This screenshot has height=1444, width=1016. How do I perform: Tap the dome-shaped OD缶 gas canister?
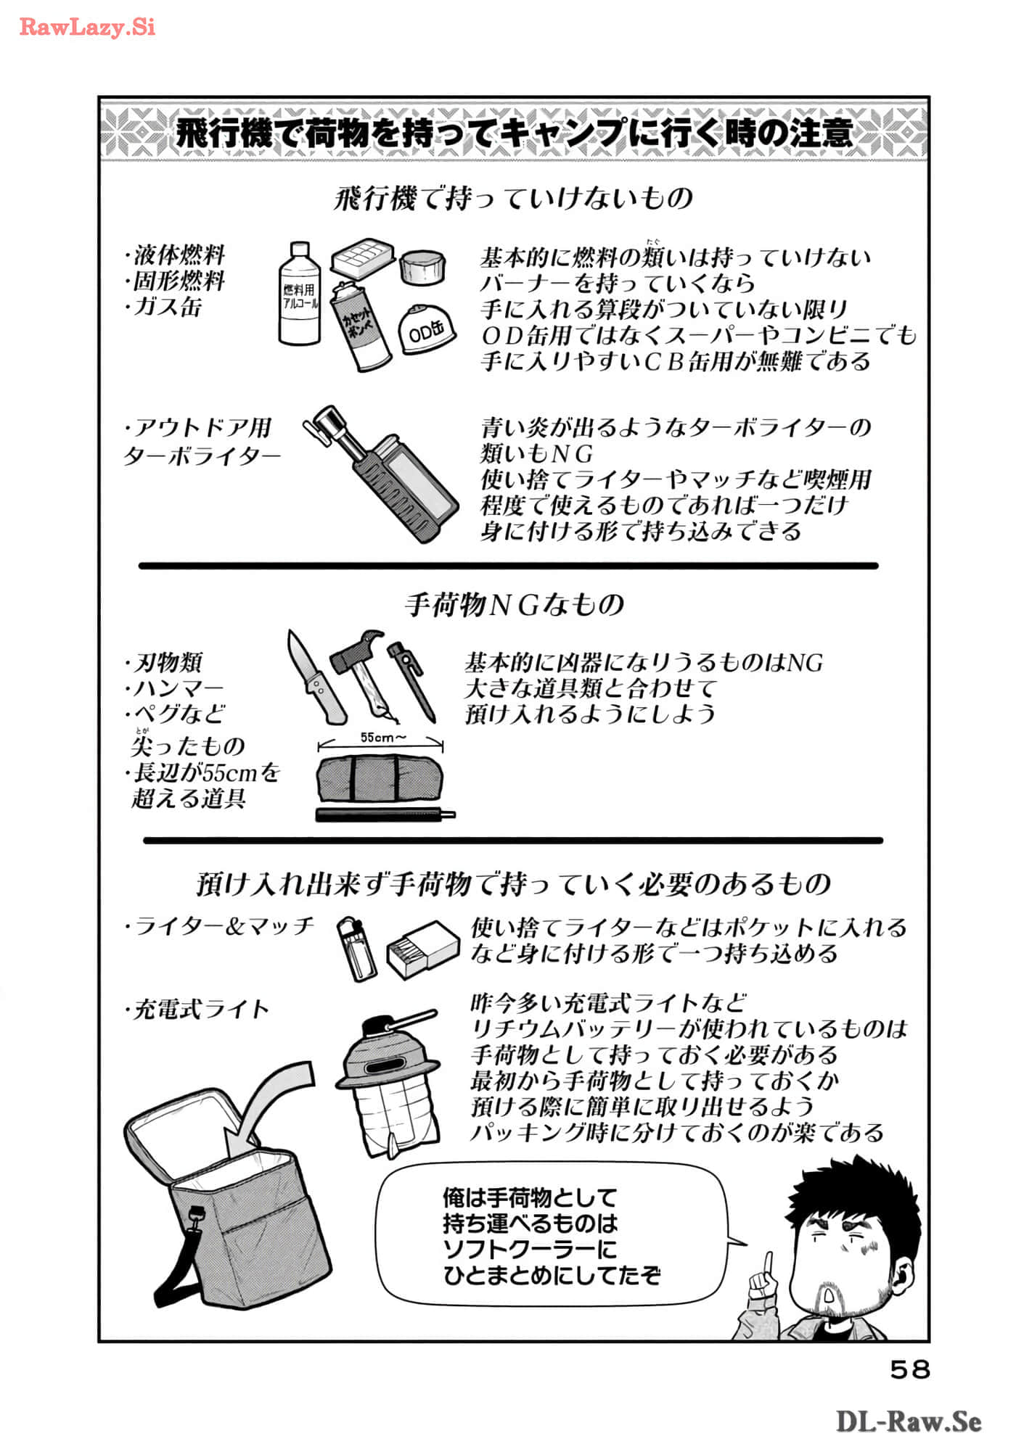pyautogui.click(x=427, y=330)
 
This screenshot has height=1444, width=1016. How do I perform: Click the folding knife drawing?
pyautogui.click(x=314, y=677)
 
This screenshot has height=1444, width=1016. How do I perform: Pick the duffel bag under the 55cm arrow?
pyautogui.click(x=380, y=779)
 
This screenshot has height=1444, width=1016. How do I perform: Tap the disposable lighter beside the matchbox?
pyautogui.click(x=358, y=948)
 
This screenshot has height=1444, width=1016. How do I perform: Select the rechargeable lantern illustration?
pyautogui.click(x=389, y=1080)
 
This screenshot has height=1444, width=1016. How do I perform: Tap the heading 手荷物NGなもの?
pyautogui.click(x=515, y=604)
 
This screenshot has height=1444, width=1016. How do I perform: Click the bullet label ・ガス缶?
pyautogui.click(x=163, y=307)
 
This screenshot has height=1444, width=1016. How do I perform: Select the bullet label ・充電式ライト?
pyautogui.click(x=197, y=1009)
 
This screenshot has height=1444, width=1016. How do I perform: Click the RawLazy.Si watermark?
pyautogui.click(x=87, y=28)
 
